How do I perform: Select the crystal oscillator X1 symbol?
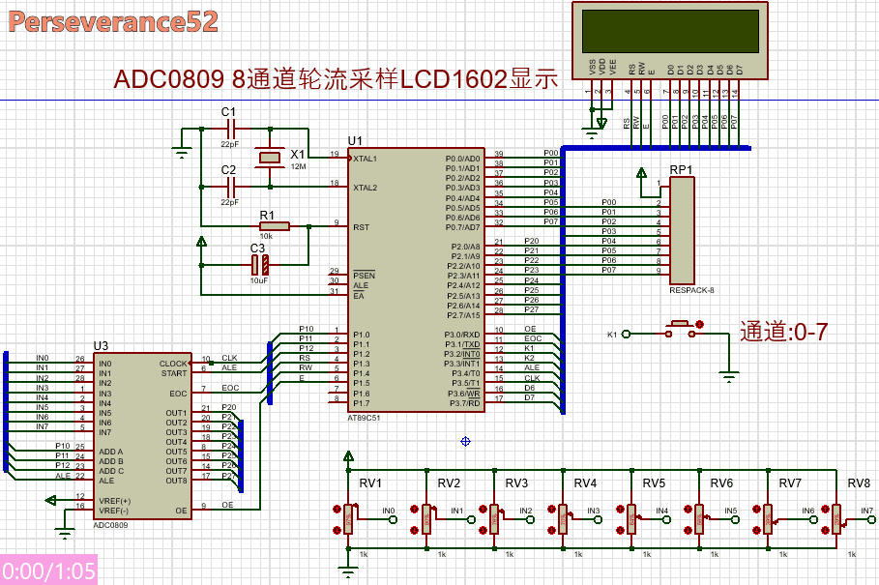pos(268,158)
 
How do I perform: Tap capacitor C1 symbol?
pos(228,128)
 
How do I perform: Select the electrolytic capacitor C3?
pos(258,264)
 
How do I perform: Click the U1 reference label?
pos(356,141)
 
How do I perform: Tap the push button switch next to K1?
pos(680,331)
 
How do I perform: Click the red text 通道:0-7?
pos(783,332)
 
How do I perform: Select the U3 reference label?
pos(101,345)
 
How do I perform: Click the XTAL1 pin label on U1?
pos(366,158)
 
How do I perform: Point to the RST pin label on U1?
pos(361,227)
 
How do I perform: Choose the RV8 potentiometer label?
pos(858,483)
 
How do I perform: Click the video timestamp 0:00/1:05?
pos(49,570)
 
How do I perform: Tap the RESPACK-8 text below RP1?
pos(691,290)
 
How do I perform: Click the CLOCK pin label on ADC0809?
pos(174,364)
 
